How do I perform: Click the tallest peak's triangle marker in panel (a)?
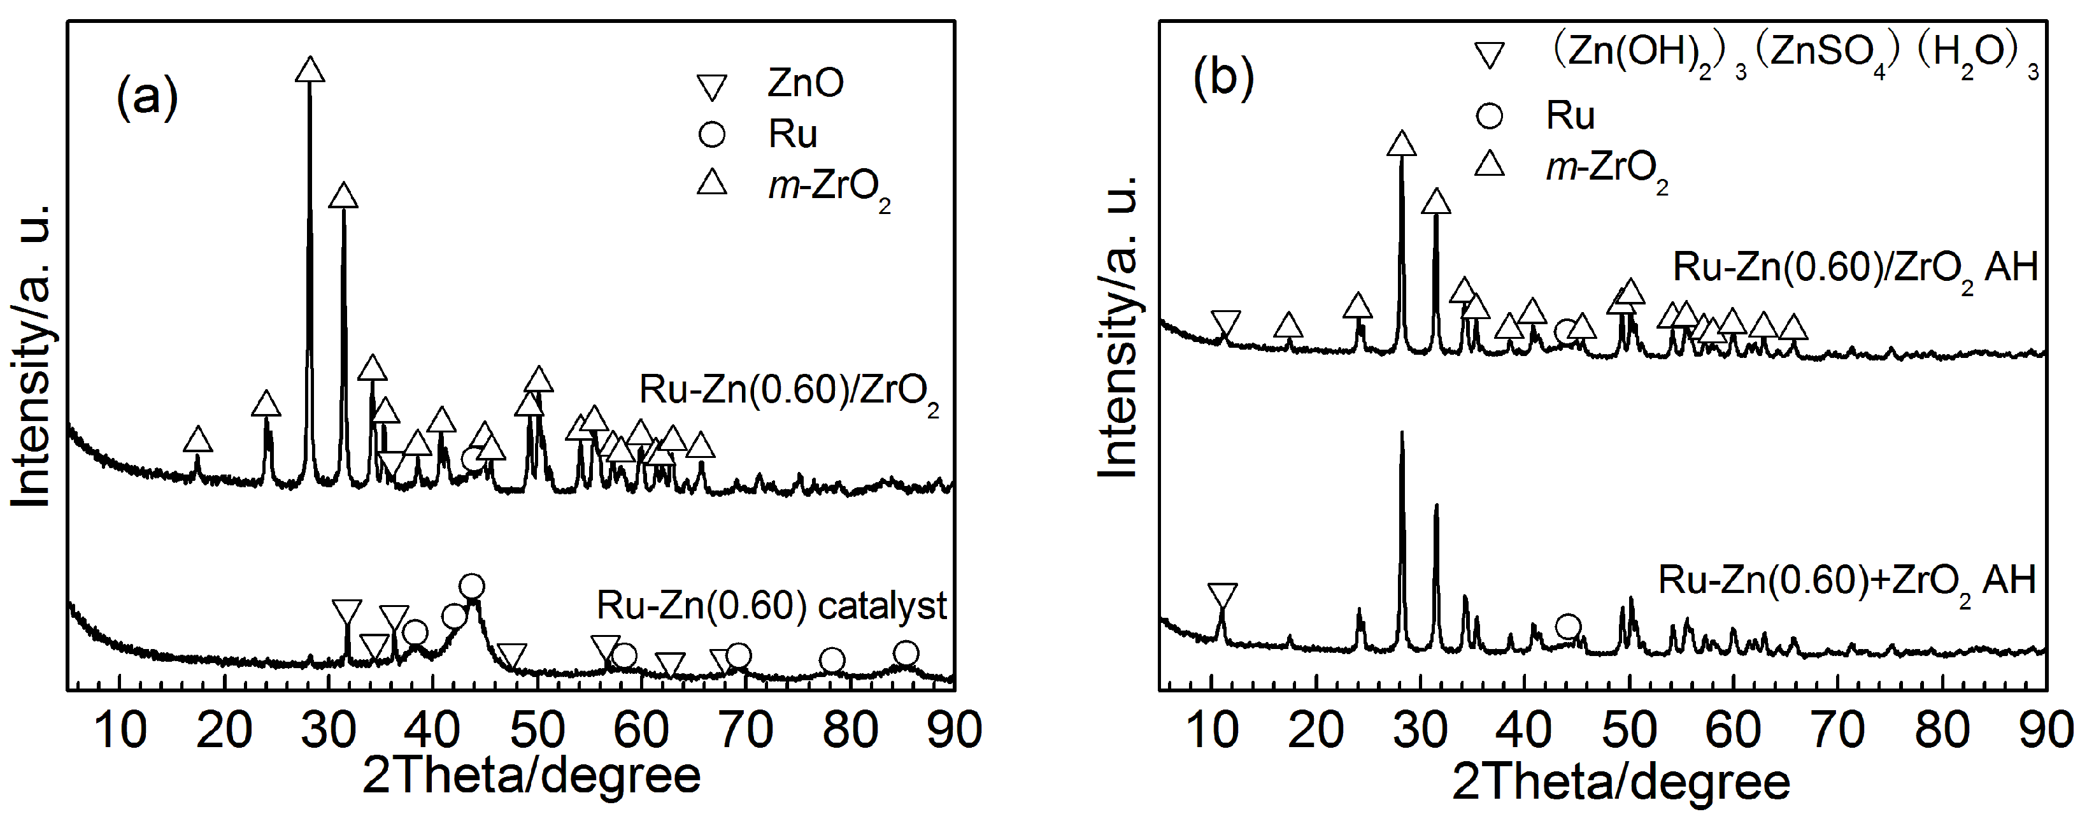pos(310,71)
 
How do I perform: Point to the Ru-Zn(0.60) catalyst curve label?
pos(771,606)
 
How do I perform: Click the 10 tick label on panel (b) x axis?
pos(1212,729)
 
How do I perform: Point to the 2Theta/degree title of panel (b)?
pos(1620,782)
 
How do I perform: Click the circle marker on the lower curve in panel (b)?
pos(1569,625)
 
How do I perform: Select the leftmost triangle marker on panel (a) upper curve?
pos(197,440)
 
